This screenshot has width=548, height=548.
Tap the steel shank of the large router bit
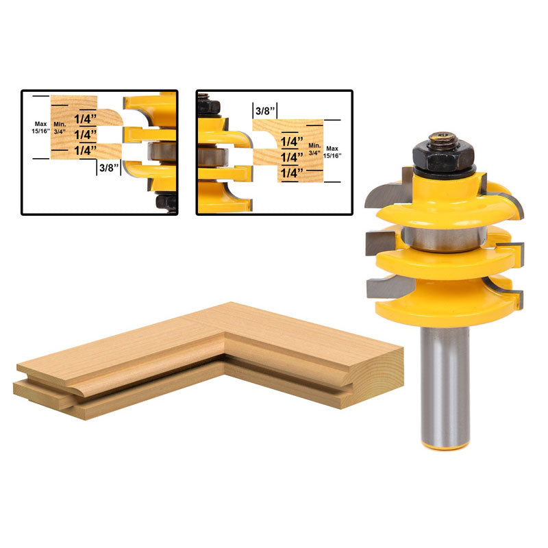pos(445,384)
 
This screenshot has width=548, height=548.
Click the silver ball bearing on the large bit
pos(444,238)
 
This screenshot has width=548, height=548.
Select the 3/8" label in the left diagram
pos(110,167)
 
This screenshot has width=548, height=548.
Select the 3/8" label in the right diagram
pos(266,111)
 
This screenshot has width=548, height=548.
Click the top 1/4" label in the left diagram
pos(85,119)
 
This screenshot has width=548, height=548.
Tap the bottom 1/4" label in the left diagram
pos(85,150)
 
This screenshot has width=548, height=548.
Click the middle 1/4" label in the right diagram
pos(292,157)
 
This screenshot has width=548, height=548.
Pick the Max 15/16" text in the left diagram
pos(41,127)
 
